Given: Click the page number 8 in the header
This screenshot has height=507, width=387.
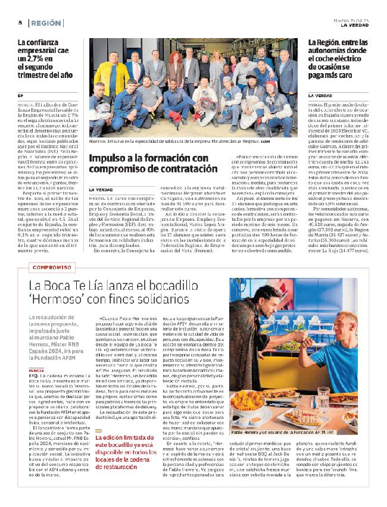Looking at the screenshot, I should point(20,23).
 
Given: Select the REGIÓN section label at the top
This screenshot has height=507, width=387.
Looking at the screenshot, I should point(46,23).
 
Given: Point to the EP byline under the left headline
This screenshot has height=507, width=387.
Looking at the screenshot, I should point(20,95).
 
